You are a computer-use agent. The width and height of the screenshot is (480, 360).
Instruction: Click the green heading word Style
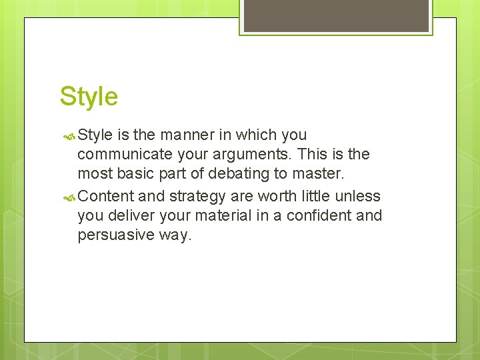click(89, 97)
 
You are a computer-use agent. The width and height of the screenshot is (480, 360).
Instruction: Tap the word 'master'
click(321, 175)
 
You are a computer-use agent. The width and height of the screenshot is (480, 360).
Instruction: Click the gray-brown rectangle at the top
click(336, 15)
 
